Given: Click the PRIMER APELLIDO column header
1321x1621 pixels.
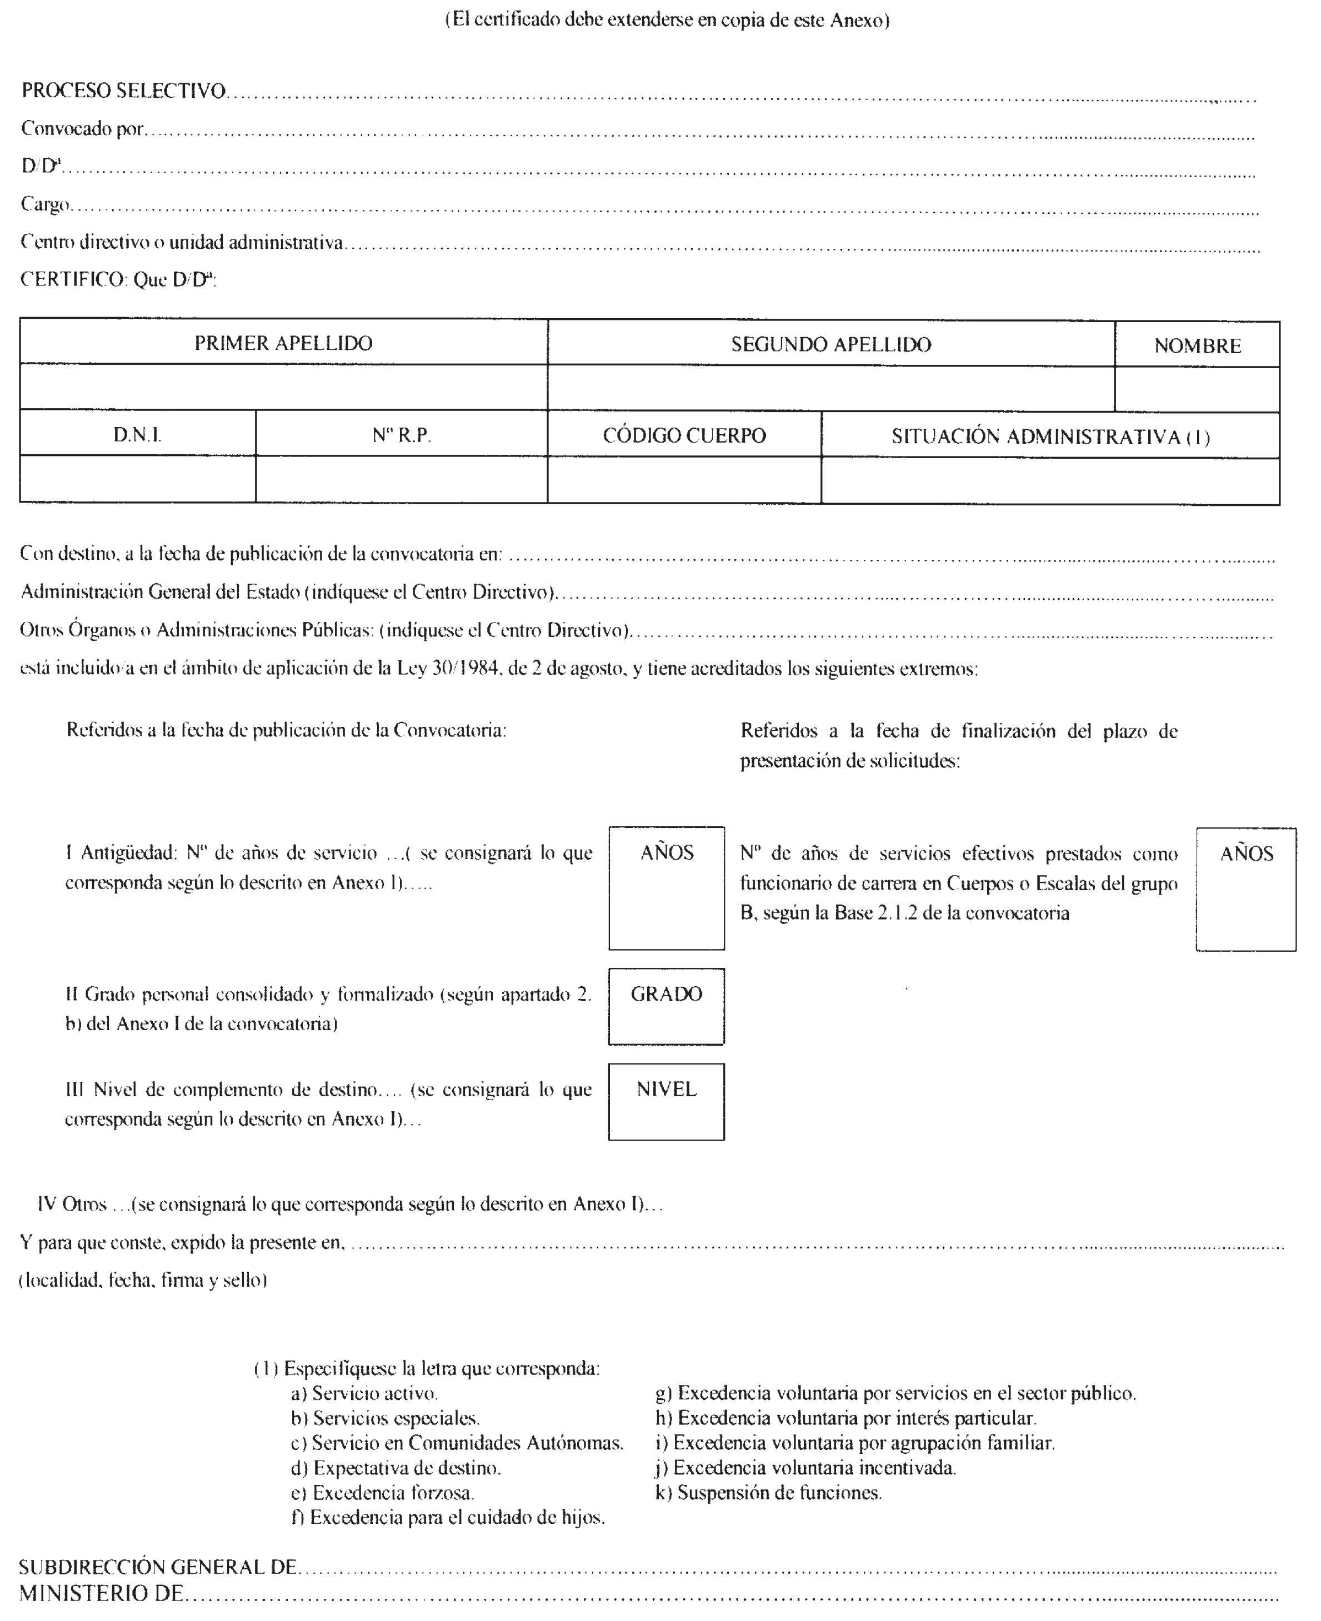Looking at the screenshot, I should point(283,343).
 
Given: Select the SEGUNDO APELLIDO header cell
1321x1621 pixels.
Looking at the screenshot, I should point(831,345).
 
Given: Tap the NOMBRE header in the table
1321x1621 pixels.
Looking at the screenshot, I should point(1197,346).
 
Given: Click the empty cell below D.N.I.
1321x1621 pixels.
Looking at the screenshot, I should point(138,479).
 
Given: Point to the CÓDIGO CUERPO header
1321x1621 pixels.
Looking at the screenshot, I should point(684,436).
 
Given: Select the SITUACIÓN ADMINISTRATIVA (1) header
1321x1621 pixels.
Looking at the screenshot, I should point(1050,436).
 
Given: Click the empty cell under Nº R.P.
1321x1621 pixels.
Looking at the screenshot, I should point(401,479).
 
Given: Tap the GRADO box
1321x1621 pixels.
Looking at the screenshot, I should point(666,1006).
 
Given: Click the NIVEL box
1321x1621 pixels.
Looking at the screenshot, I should point(666,1101).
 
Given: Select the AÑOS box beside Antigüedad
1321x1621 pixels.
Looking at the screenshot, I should point(666,889).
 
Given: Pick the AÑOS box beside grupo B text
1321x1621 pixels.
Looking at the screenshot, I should point(1245,889).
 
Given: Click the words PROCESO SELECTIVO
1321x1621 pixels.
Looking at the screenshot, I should point(123,91).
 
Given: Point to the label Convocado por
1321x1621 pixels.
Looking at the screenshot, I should point(82,129).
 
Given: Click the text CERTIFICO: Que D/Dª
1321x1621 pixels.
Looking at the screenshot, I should point(118,280).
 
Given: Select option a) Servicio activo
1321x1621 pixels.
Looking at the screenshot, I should point(364,1393).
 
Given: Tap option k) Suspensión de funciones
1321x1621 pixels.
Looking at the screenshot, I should point(769,1493).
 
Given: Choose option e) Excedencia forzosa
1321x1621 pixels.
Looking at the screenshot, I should point(383,1493).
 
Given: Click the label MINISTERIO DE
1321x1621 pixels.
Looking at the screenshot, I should point(101,1594).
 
